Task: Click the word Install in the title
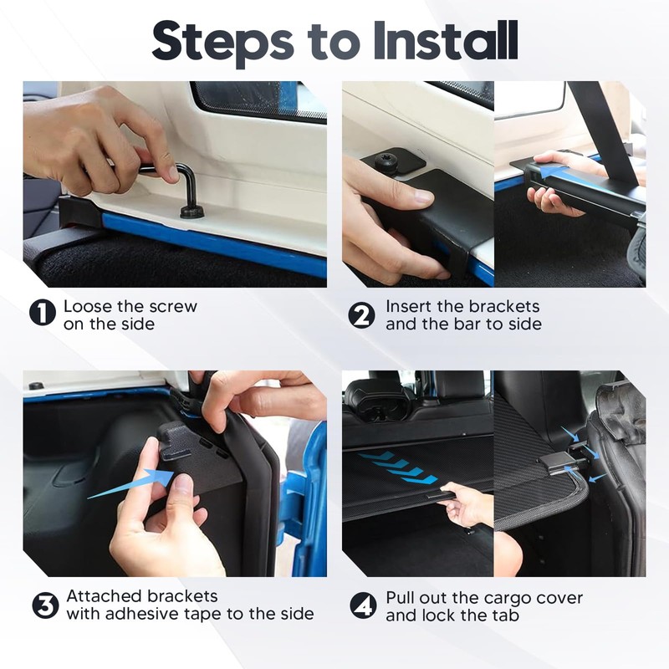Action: (446, 40)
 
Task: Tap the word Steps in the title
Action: (222, 43)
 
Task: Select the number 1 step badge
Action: (43, 312)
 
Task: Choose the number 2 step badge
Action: (362, 315)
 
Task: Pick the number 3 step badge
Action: (45, 605)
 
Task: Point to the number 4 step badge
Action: (363, 605)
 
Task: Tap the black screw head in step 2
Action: (387, 160)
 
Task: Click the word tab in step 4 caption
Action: (507, 615)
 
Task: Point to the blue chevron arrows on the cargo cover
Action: (398, 468)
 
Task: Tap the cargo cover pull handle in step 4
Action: (441, 495)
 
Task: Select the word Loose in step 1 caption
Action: (88, 306)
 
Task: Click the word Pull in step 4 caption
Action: (401, 598)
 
